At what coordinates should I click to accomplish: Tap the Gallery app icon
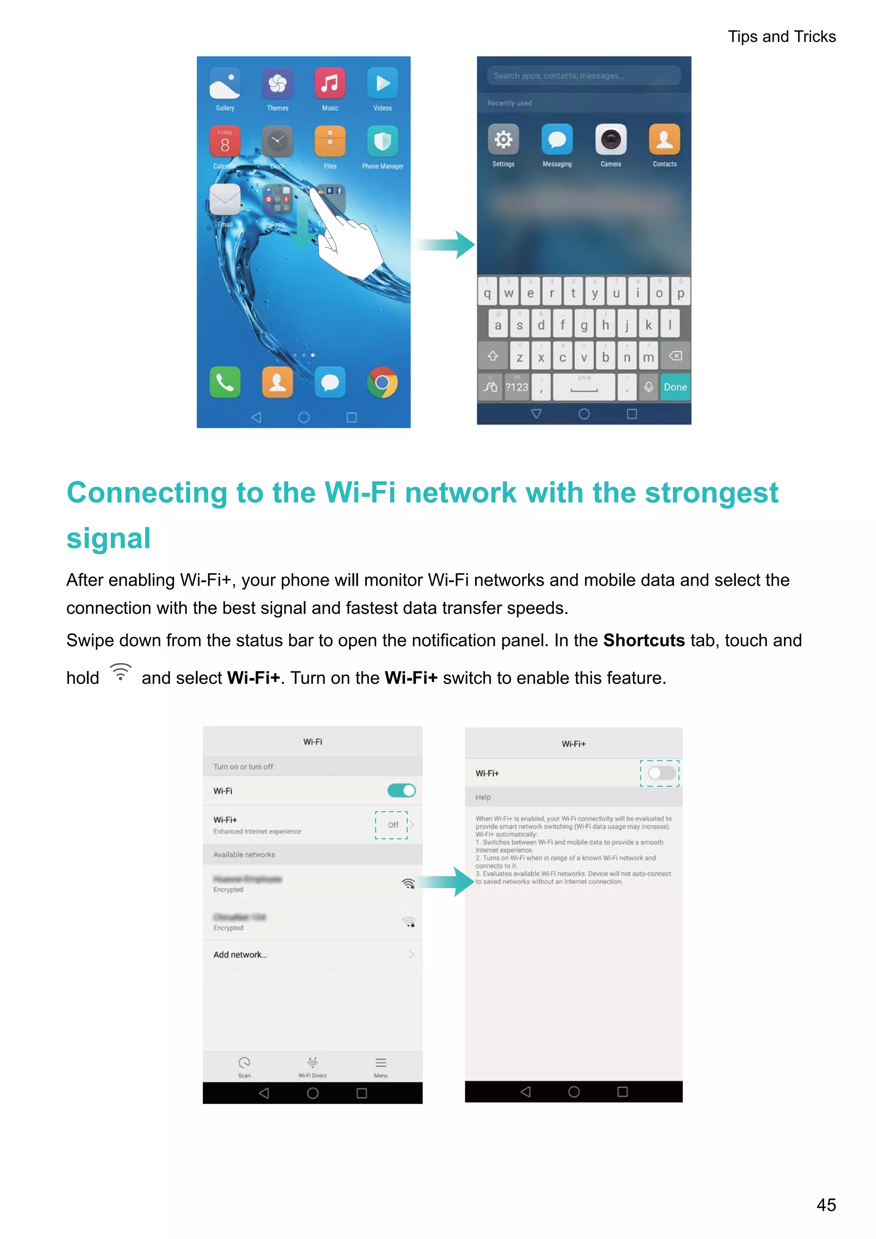coord(225,84)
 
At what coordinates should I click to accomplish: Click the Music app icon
coord(330,84)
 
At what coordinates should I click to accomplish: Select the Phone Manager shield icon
coord(382,141)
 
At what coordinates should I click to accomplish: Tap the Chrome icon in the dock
coord(382,382)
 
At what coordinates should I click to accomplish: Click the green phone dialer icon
coord(225,382)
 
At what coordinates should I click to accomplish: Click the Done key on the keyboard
coord(675,387)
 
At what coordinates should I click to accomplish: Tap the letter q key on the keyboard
coord(487,293)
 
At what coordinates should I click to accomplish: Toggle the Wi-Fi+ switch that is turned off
coord(661,773)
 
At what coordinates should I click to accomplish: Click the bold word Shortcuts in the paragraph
coord(643,640)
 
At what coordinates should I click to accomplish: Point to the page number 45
coord(826,1205)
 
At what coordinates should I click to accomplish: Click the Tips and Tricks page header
coord(781,36)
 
